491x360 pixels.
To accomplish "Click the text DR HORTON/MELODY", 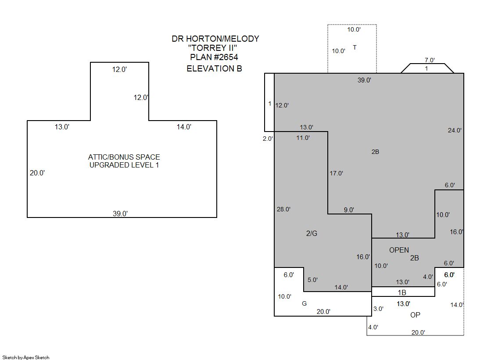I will pos(215,39).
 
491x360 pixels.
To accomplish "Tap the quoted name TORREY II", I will pos(215,48).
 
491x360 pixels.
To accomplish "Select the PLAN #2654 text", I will pos(214,57).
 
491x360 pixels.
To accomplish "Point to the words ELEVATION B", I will pos(214,68).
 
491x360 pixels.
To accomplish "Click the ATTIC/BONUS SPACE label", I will pos(124,157).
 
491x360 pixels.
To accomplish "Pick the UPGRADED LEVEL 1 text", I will pos(124,165).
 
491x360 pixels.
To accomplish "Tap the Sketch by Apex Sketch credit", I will pos(26,357).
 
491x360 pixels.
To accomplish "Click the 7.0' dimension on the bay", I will pos(430,60).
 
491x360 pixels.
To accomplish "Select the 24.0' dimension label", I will pos(455,130).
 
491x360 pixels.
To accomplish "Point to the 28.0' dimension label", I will pos(283,209).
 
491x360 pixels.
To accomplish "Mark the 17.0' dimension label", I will pos(336,173).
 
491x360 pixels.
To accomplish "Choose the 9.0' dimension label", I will pos(349,210).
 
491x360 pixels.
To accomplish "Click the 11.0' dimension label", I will pos(303,138).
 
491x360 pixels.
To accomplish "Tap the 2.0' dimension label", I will pos(268,139).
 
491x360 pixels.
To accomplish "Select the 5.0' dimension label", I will pos(312,280).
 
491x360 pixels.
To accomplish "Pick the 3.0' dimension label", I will pos(378,309).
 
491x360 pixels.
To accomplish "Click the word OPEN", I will pos(399,250).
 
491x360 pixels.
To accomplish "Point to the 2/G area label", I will pos(312,233).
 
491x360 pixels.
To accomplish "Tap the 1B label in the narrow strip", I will pos(401,292).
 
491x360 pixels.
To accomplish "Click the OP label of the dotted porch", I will pos(415,315).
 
